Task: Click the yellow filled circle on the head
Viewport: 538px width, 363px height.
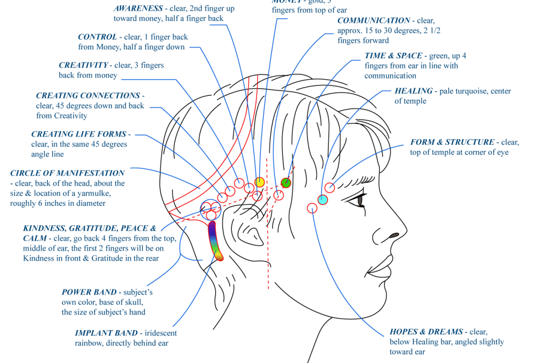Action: coord(260,182)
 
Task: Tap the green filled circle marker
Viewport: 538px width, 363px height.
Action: coord(286,183)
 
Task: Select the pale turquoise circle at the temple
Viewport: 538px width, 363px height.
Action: coord(323,200)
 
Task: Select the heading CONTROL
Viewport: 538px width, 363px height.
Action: coord(97,37)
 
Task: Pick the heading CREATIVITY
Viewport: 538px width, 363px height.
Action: coord(83,66)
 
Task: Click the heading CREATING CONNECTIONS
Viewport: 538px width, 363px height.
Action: coord(88,96)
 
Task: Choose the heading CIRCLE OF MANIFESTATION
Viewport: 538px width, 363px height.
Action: coord(67,173)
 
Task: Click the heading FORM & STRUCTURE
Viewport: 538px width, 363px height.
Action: coord(452,143)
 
